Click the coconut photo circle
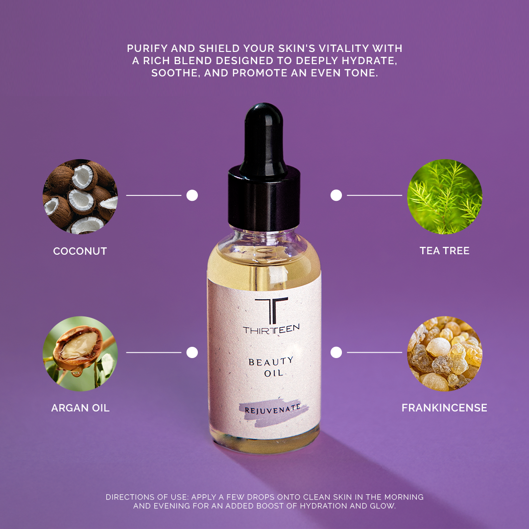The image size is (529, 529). [80, 196]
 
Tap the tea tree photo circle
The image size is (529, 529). [445, 196]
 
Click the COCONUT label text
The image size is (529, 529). [80, 251]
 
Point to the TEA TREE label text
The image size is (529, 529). [444, 251]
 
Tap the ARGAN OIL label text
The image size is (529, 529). [80, 408]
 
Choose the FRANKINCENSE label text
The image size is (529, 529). [444, 408]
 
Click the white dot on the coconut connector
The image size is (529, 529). [192, 195]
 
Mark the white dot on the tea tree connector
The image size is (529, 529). [336, 195]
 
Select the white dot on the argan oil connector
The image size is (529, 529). [192, 352]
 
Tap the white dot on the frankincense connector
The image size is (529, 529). [336, 352]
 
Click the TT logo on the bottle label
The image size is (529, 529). [271, 310]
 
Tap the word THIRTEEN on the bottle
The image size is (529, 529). [271, 330]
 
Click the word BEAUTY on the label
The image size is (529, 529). [271, 362]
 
